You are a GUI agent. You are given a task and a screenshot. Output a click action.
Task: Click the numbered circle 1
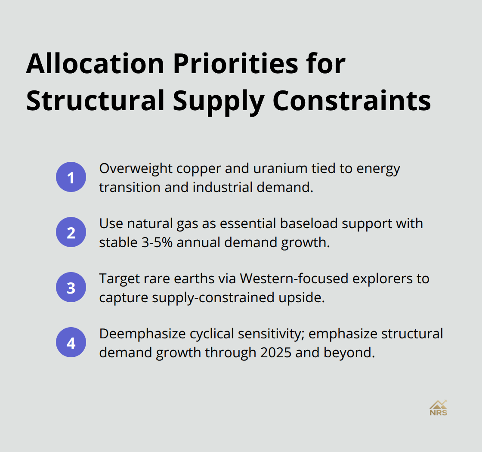click(71, 177)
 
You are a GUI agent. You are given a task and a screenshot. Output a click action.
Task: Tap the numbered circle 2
click(71, 232)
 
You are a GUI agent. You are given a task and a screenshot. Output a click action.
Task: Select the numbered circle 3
click(71, 288)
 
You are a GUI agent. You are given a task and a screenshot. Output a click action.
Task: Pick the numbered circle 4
click(71, 343)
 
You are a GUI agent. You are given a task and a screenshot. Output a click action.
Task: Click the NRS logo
click(438, 407)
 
